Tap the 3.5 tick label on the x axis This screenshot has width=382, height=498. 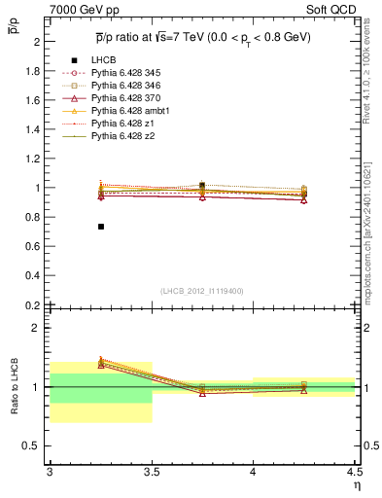[151, 472]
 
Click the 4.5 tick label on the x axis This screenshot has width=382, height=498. [354, 472]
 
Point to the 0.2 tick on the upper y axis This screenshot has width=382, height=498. [33, 304]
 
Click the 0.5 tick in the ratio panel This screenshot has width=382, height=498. [33, 445]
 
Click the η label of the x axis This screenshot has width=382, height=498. [357, 483]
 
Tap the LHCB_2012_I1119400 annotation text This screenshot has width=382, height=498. [202, 290]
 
